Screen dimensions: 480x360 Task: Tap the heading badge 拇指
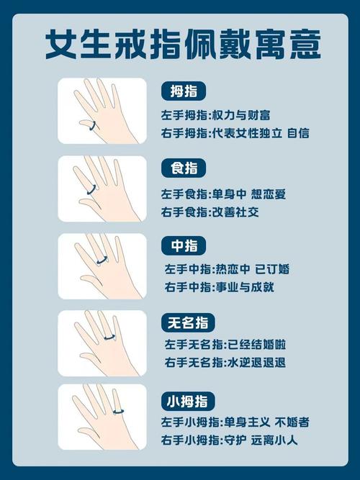pyautogui.click(x=183, y=91)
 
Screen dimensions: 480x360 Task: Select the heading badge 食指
pyautogui.click(x=183, y=168)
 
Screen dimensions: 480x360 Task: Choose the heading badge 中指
pyautogui.click(x=183, y=245)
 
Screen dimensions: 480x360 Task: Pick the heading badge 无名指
pyautogui.click(x=189, y=322)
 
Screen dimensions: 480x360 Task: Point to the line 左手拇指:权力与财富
pyautogui.click(x=217, y=114)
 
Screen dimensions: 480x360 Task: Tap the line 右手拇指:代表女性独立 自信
pyautogui.click(x=235, y=134)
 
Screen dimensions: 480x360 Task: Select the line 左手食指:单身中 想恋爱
pyautogui.click(x=224, y=193)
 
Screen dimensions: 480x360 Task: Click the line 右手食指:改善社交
pyautogui.click(x=210, y=212)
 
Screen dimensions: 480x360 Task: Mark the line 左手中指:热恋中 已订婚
pyautogui.click(x=227, y=269)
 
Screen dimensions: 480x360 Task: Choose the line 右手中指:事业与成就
pyautogui.click(x=219, y=288)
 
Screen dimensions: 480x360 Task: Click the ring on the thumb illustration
pyautogui.click(x=92, y=126)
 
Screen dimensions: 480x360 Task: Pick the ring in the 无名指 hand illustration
pyautogui.click(x=110, y=336)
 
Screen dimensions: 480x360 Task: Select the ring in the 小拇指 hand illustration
pyautogui.click(x=118, y=412)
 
